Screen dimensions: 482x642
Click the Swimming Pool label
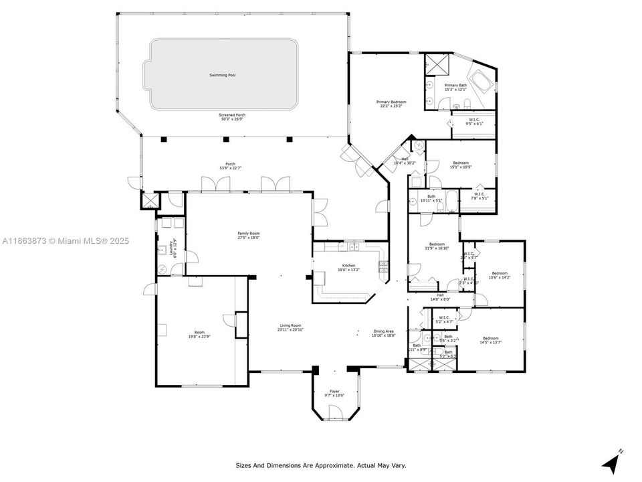223,75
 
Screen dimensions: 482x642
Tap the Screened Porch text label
232,115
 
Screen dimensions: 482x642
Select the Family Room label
248,234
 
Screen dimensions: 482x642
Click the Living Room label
290,325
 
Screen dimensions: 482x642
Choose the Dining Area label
384,331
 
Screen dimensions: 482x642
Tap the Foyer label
334,391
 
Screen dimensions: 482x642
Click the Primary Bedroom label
391,102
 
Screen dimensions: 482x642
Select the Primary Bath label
456,85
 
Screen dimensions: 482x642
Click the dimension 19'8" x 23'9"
199,337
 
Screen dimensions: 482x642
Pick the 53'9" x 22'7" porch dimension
230,167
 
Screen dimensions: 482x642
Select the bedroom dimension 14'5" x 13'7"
491,343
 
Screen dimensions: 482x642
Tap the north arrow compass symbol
611,461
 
